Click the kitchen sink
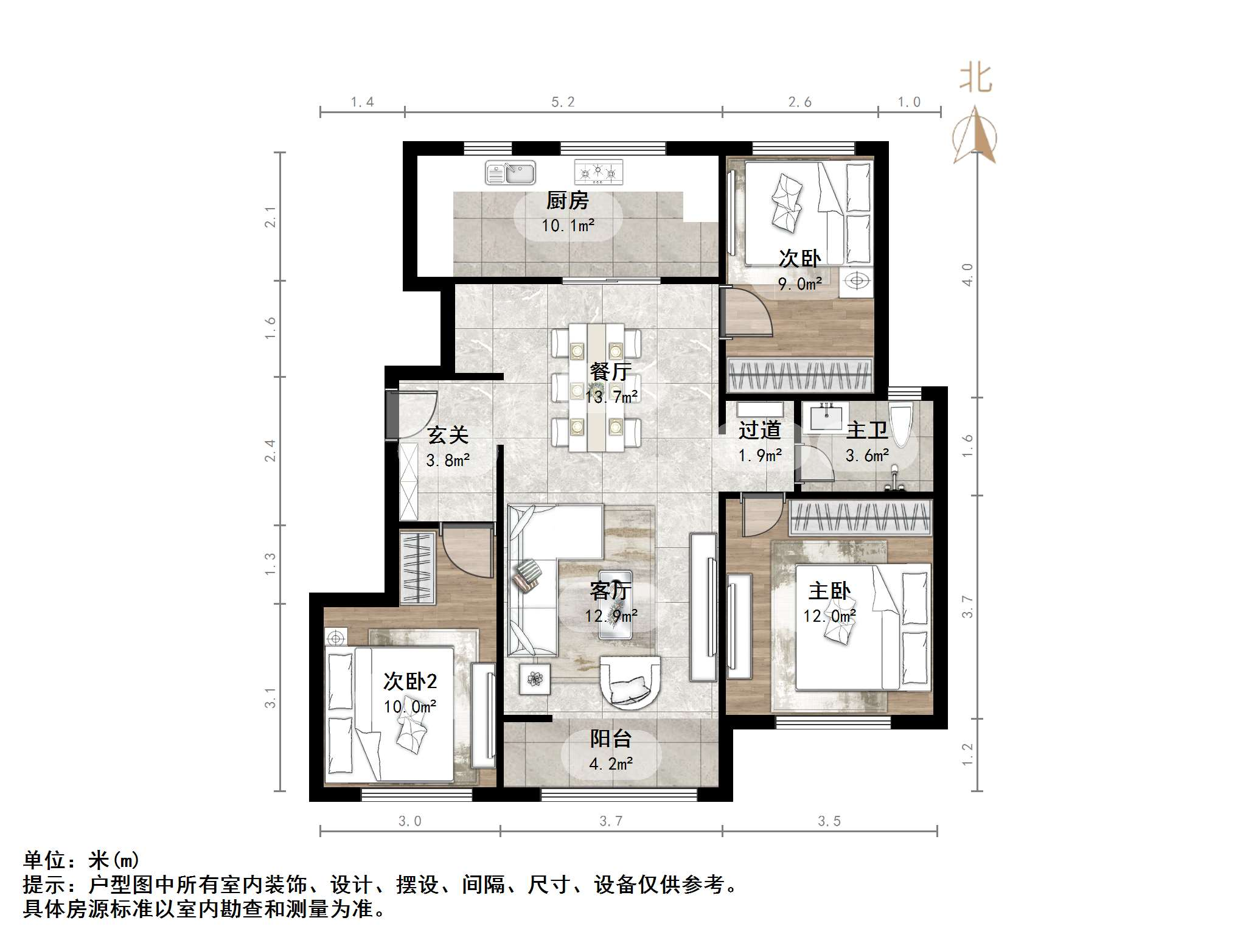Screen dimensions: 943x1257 [510, 173]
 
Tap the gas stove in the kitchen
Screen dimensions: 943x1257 [599, 172]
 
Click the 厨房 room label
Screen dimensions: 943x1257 [567, 201]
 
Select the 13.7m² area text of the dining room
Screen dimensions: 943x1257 [611, 397]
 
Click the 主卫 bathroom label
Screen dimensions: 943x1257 [866, 430]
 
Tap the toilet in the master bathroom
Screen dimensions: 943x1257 [902, 425]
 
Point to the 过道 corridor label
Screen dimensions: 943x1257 [759, 430]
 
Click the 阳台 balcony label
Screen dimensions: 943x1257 [610, 739]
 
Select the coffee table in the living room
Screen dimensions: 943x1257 [615, 604]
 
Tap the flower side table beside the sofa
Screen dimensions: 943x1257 [535, 678]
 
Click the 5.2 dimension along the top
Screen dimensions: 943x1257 [563, 102]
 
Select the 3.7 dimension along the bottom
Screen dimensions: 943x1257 [611, 821]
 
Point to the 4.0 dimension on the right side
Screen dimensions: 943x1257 [967, 274]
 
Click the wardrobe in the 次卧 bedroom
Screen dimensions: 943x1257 [800, 375]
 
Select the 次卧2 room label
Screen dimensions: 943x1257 [409, 681]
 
